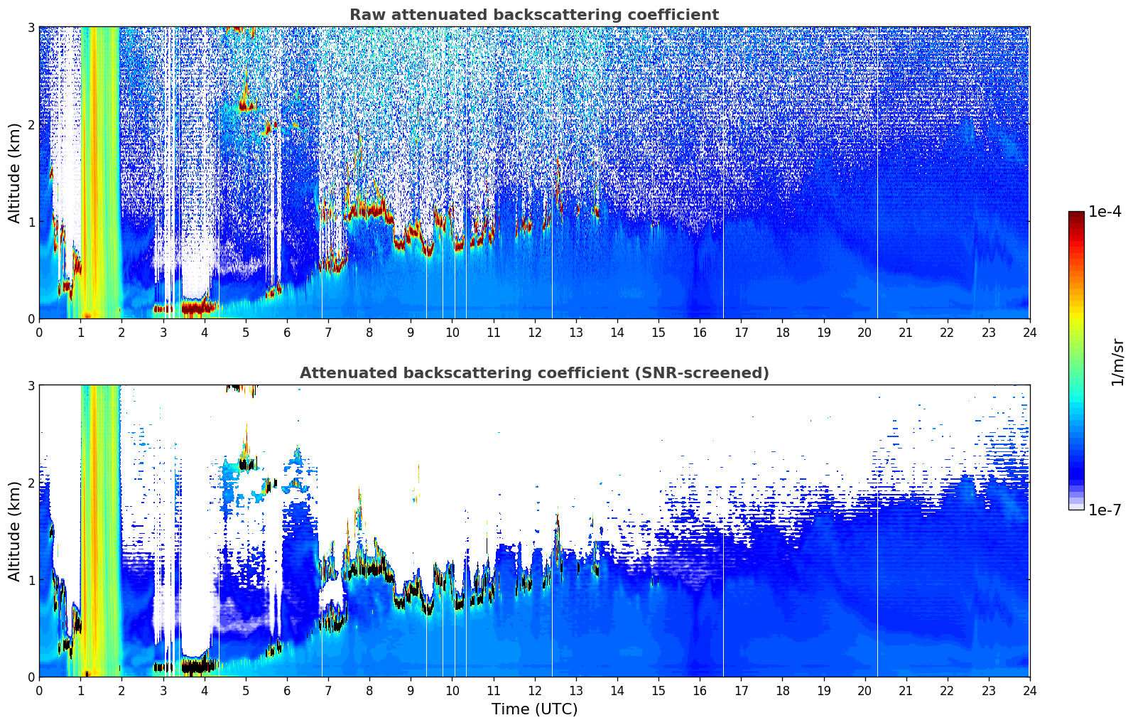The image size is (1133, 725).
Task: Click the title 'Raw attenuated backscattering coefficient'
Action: point(533,15)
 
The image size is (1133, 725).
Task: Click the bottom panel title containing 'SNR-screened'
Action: point(533,373)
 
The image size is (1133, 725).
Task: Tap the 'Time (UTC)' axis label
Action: point(534,709)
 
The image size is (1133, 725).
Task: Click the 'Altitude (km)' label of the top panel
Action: point(14,173)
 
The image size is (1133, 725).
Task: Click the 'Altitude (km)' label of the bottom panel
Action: point(14,531)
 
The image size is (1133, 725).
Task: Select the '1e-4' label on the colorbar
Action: point(1105,212)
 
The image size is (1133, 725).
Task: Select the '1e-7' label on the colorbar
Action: point(1105,510)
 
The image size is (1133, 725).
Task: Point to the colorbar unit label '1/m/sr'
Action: point(1117,361)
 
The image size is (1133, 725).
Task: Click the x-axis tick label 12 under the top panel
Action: point(534,332)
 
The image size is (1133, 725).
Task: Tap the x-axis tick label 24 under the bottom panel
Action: point(1029,690)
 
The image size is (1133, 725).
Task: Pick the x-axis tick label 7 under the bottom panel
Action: point(328,690)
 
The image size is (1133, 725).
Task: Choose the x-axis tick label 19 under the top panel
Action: point(823,332)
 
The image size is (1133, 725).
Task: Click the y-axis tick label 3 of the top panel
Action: point(31,27)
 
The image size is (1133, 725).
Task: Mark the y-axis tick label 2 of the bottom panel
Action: point(31,483)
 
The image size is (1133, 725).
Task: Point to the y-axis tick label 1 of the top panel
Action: point(31,222)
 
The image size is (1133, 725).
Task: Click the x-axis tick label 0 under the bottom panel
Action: point(39,690)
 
